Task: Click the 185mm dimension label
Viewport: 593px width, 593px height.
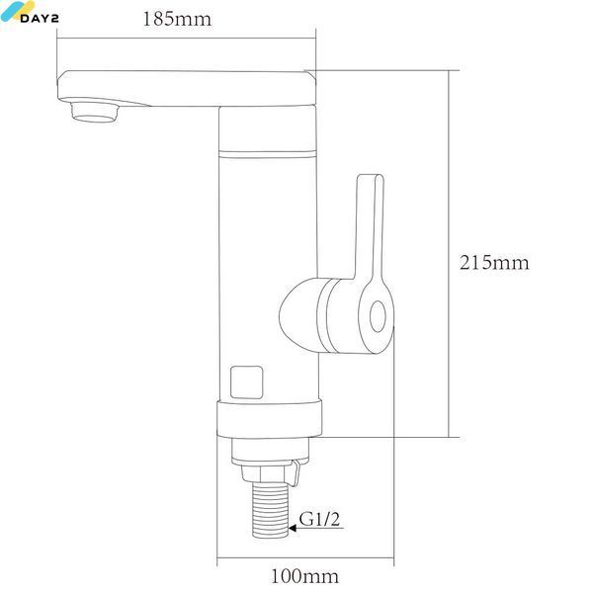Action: pos(177,19)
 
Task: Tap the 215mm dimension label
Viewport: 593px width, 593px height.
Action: pos(494,263)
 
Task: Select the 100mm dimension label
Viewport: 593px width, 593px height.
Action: pos(304,576)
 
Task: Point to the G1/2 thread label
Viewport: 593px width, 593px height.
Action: pos(319,519)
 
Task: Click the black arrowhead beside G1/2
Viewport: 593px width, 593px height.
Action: pos(293,528)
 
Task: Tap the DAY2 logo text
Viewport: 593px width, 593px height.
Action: pos(40,18)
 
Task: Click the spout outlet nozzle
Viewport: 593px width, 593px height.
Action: pos(95,113)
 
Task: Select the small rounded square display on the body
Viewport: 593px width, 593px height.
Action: pos(246,382)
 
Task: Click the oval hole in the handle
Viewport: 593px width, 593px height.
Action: pos(378,316)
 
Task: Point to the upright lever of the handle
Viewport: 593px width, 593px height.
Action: pos(369,227)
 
